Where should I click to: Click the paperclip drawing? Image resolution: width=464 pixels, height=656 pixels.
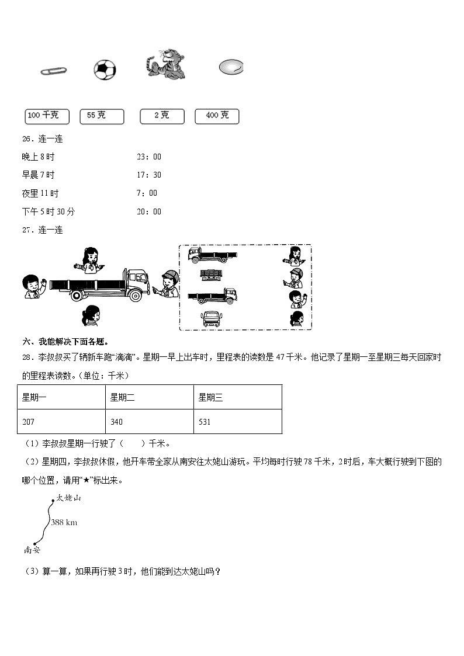[x=53, y=71]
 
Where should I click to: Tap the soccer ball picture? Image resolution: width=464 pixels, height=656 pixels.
[x=105, y=70]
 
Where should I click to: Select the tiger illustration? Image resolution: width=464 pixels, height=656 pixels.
[x=166, y=64]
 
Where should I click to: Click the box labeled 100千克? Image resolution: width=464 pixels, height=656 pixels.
[x=47, y=116]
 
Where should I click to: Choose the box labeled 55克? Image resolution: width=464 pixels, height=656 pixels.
[x=102, y=116]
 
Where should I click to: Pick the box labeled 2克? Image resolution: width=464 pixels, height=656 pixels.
[x=162, y=116]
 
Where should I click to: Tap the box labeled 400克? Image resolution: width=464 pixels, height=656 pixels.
[x=217, y=116]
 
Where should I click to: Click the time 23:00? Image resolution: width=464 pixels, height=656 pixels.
[x=148, y=157]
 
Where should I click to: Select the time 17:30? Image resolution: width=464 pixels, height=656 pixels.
[x=148, y=175]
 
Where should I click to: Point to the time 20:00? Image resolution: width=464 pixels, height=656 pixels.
[x=148, y=211]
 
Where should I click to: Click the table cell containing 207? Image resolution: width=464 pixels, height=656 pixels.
[x=61, y=421]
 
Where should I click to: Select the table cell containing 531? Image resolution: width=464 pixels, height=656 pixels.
[x=237, y=421]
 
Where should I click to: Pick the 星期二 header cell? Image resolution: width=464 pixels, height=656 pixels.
[x=149, y=397]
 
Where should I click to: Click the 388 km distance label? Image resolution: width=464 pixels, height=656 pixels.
[x=64, y=522]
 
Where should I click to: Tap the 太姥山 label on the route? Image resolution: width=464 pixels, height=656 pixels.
[x=68, y=498]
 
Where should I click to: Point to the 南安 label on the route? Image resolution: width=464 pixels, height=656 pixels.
[x=32, y=550]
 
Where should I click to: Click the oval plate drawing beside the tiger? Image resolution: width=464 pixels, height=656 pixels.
[x=230, y=68]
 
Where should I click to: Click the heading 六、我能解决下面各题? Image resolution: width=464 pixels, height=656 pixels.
[x=65, y=342]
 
